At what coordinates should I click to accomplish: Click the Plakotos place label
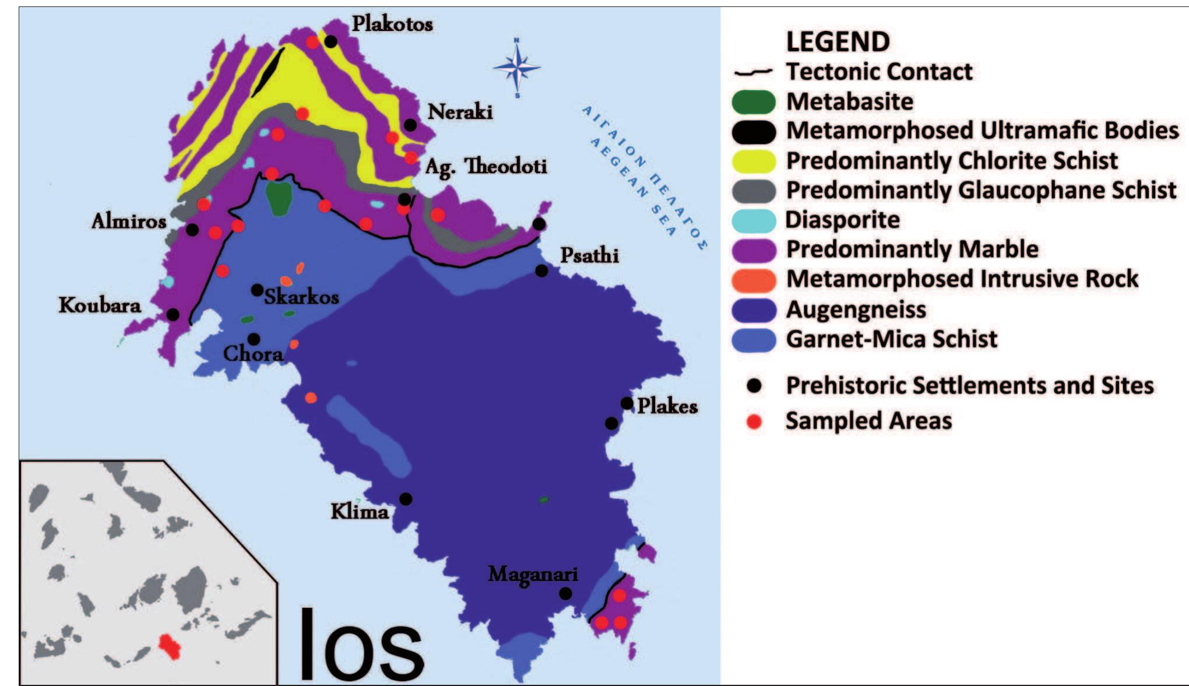392,24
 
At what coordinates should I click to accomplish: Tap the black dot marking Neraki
410,125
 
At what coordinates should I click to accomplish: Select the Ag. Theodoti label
486,167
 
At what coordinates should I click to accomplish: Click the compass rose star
517,68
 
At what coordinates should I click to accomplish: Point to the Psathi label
589,255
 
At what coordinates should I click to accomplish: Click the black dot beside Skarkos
257,290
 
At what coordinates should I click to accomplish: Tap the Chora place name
253,354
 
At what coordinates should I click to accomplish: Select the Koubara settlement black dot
173,315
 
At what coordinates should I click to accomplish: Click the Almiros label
129,221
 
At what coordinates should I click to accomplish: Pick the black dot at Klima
406,499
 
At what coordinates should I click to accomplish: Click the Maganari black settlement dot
565,593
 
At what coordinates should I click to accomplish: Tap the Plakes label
667,406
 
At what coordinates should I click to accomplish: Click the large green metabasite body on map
279,198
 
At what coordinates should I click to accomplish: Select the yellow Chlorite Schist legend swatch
754,161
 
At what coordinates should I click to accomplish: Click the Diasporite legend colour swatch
754,220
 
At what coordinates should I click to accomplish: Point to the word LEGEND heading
838,41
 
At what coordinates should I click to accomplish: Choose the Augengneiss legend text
856,309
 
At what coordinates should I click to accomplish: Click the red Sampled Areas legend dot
754,421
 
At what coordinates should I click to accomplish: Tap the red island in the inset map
170,646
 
